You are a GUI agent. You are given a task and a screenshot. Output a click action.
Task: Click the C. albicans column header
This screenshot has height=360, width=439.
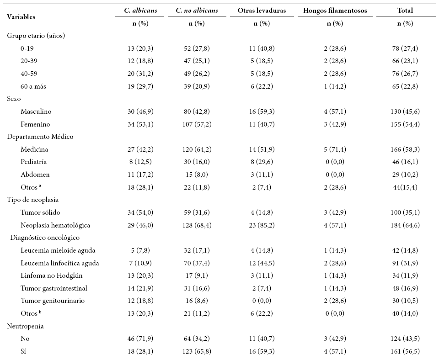click(x=140, y=11)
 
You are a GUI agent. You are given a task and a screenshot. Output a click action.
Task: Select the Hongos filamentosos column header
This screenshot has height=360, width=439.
click(x=335, y=11)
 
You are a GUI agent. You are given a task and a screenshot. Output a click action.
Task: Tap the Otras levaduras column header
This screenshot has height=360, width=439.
click(x=262, y=11)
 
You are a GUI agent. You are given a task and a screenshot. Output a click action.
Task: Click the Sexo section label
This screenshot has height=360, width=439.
click(x=14, y=99)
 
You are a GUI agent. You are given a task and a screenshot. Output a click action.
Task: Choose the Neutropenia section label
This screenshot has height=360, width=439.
click(x=25, y=326)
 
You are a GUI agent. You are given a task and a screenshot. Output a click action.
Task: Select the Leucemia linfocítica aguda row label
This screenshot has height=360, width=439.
click(x=59, y=263)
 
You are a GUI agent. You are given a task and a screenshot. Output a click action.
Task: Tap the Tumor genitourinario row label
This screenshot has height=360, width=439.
click(x=53, y=301)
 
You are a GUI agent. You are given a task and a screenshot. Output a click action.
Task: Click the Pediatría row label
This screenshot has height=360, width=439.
click(x=33, y=162)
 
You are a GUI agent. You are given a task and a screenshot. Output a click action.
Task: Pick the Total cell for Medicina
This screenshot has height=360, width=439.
click(x=405, y=149)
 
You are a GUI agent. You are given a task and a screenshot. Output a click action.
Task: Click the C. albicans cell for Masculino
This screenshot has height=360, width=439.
click(x=140, y=111)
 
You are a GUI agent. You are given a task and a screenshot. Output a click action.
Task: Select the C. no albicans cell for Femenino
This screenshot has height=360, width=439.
click(x=197, y=124)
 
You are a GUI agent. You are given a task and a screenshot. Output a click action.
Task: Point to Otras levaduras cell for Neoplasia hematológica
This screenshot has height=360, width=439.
click(x=262, y=225)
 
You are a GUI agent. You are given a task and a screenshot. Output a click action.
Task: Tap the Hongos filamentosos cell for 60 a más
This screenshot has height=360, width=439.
click(x=335, y=86)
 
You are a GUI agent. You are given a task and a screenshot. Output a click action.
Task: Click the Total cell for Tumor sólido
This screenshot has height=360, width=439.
click(x=405, y=212)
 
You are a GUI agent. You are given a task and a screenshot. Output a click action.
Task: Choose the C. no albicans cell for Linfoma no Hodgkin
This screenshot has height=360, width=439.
click(x=197, y=275)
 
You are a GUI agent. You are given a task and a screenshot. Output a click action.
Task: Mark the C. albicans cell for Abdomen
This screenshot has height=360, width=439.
click(x=140, y=175)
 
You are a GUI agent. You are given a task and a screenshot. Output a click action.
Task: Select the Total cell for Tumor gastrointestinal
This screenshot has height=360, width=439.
click(x=405, y=288)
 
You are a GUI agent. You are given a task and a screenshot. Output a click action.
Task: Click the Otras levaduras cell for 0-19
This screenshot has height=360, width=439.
click(x=262, y=48)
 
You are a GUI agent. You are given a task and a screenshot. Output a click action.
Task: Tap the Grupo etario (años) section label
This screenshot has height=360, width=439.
click(x=36, y=36)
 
